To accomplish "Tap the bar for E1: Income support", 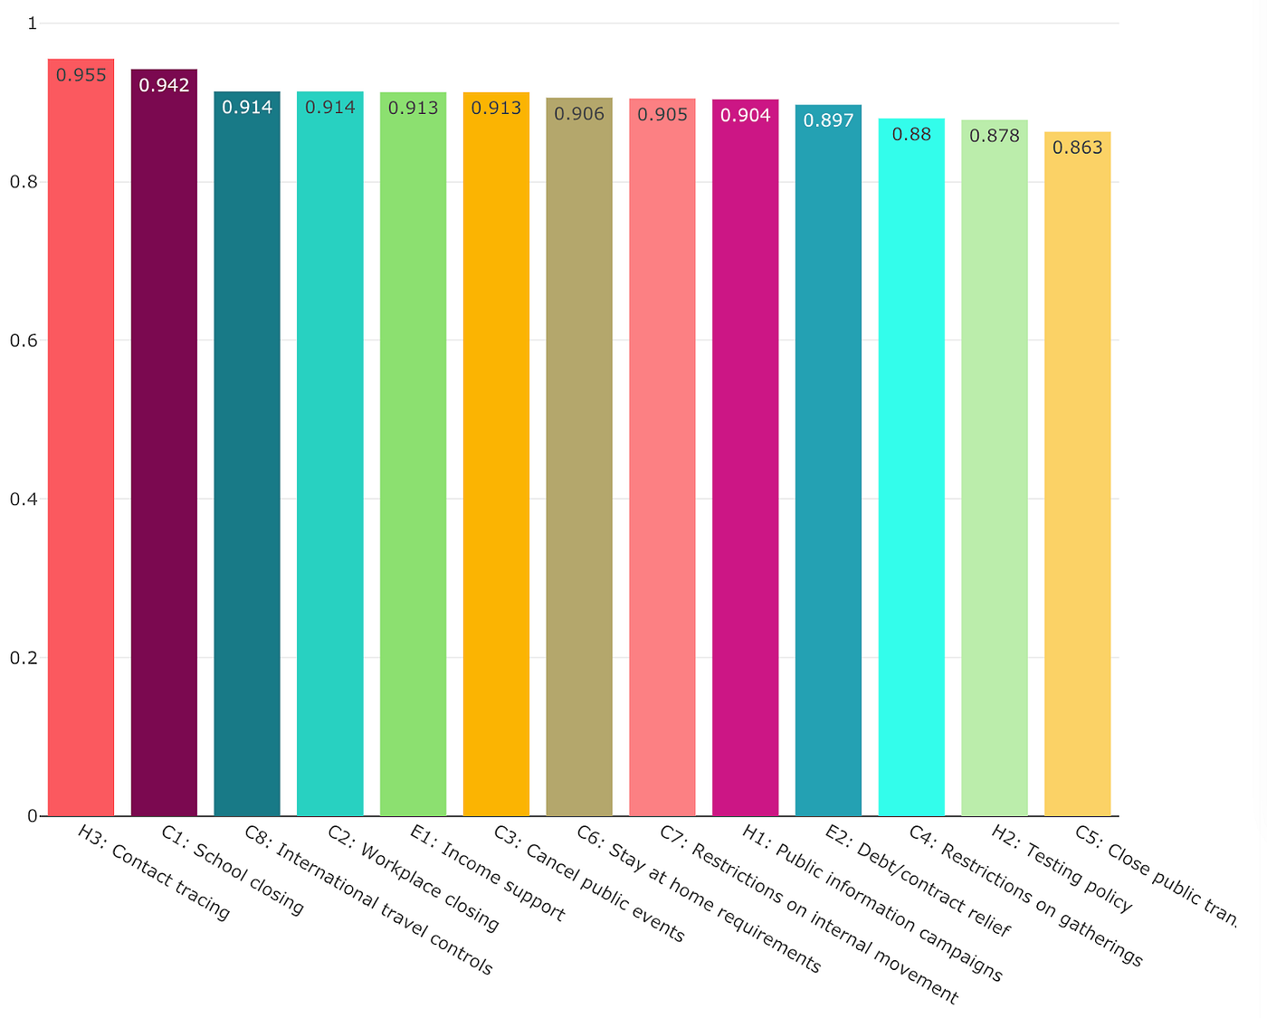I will (413, 452).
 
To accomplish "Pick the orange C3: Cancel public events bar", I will (496, 452).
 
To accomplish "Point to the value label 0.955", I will (81, 75).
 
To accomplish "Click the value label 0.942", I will (164, 85).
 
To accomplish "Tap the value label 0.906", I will (579, 114).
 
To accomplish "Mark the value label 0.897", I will (828, 120).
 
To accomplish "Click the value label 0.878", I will (995, 136).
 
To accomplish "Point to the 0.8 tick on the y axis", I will (24, 182).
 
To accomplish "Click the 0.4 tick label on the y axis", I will (24, 499).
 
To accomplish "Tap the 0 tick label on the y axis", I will (33, 816).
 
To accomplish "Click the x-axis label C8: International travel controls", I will (368, 900).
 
